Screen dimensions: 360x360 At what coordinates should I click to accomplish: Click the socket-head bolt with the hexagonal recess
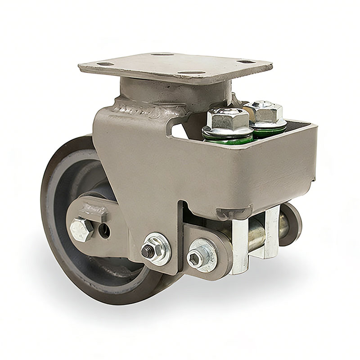tap(197, 257)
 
